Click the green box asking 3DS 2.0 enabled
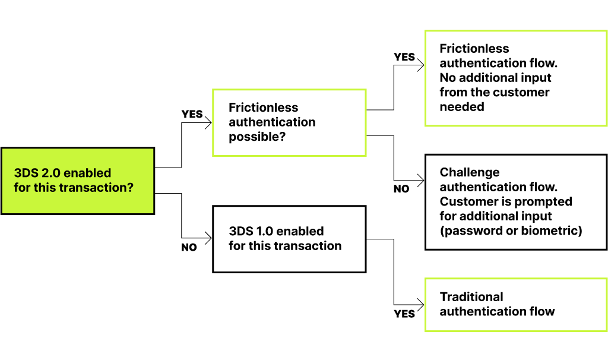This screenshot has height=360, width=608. point(77,181)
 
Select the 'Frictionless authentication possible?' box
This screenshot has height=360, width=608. point(289,122)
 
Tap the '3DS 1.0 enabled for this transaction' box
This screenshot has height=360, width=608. point(289,239)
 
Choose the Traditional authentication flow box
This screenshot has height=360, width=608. point(515,304)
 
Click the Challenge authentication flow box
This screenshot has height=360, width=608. point(515,202)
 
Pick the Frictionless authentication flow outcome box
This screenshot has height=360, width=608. point(515,78)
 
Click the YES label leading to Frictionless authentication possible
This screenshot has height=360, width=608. point(192,114)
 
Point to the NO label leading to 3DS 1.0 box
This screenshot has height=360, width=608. point(189,248)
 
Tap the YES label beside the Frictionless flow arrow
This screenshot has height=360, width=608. point(404,57)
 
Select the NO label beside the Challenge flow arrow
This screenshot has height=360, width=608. point(401,189)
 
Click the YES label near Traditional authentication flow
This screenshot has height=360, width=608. point(404,314)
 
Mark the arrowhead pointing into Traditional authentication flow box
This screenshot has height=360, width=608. point(421,304)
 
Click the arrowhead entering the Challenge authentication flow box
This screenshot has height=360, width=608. point(421,180)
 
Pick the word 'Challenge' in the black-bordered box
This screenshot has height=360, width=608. point(470,172)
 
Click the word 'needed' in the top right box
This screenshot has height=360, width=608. point(462,107)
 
